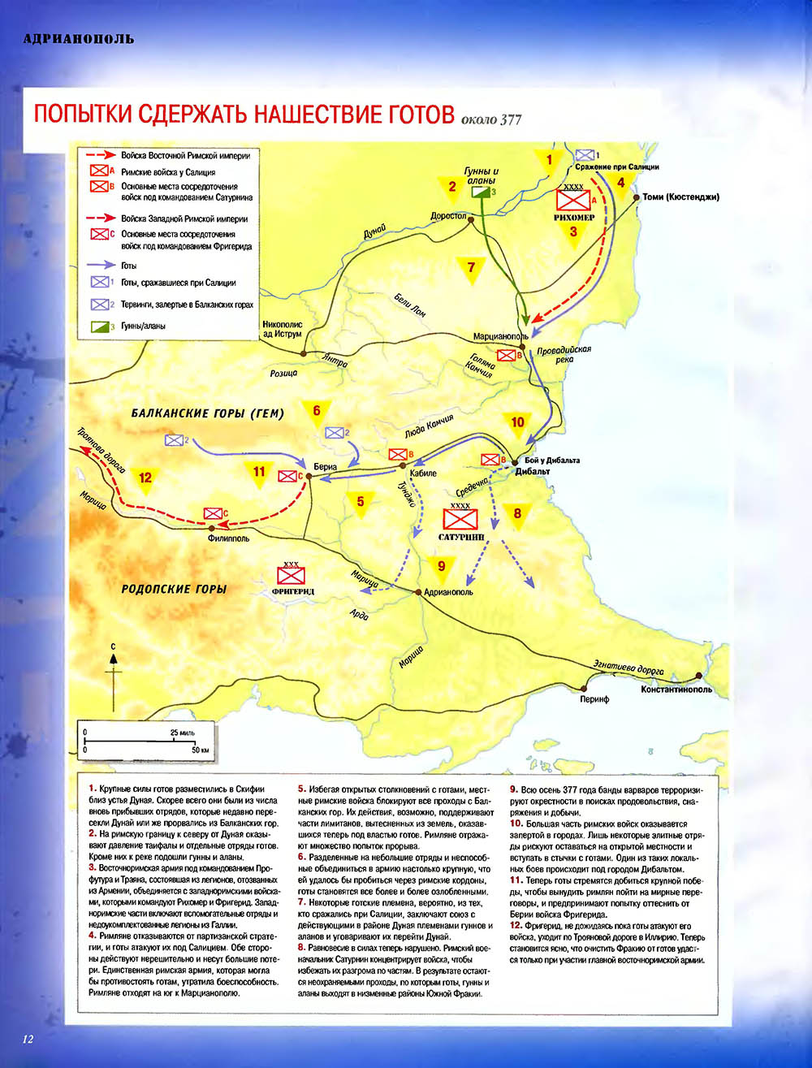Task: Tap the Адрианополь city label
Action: (448, 592)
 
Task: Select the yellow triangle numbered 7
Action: (471, 267)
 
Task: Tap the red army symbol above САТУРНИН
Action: (460, 518)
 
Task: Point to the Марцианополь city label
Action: (500, 336)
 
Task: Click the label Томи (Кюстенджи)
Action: (680, 197)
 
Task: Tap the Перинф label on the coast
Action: (594, 698)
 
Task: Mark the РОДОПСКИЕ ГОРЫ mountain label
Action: (174, 589)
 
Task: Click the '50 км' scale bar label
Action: (201, 750)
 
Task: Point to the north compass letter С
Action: (114, 646)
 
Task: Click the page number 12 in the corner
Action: (28, 1039)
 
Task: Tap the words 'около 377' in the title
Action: (490, 120)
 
